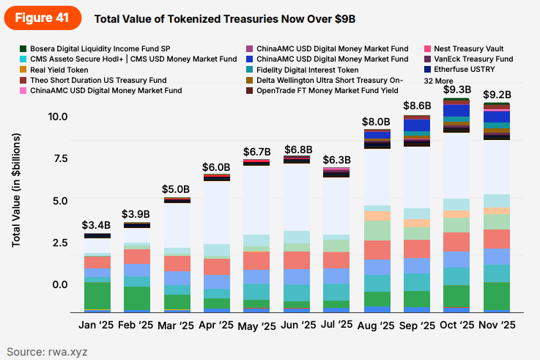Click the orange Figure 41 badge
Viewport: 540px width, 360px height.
(43, 18)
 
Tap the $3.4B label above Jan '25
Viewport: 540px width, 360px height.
(97, 224)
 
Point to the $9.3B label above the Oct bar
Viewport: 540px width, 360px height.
(457, 89)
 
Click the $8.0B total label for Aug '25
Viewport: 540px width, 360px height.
(377, 122)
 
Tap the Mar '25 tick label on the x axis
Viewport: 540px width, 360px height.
(177, 324)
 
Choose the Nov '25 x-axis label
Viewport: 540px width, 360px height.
(498, 324)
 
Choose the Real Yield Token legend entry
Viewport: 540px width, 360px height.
(59, 70)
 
